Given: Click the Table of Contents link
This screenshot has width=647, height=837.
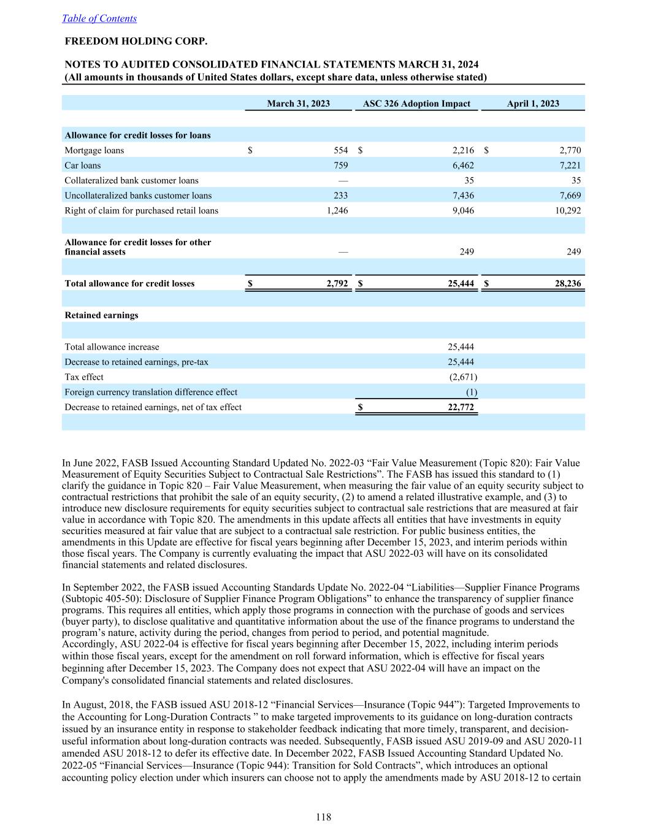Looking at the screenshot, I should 99,18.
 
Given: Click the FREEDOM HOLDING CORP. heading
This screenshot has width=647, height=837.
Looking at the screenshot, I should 136,42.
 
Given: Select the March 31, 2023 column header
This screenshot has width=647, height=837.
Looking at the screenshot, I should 298,104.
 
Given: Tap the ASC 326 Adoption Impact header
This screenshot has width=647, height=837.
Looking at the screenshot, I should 416,104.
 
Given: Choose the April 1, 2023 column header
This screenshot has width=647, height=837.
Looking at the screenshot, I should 532,104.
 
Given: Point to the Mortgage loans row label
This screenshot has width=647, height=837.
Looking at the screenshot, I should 94,150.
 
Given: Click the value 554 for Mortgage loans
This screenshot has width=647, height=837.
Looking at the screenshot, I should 340,150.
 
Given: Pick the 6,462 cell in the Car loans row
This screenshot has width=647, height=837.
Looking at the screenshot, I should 462,166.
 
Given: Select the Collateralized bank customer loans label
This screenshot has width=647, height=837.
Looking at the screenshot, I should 131,180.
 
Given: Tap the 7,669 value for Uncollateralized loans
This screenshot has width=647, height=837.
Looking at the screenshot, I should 570,196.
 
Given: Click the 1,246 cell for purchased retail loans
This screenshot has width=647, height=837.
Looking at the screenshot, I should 336,210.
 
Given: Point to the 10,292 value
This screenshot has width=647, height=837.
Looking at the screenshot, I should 568,210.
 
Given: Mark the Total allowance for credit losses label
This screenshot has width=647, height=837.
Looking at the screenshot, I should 129,283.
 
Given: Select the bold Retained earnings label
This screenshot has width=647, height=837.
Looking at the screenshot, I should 101,315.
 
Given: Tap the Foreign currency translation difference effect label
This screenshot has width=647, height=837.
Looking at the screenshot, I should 151,392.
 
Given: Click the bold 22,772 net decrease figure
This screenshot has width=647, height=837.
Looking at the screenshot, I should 461,407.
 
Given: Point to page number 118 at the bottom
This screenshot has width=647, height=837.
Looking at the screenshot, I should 324,817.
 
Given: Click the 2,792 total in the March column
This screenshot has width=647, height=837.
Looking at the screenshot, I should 337,283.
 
